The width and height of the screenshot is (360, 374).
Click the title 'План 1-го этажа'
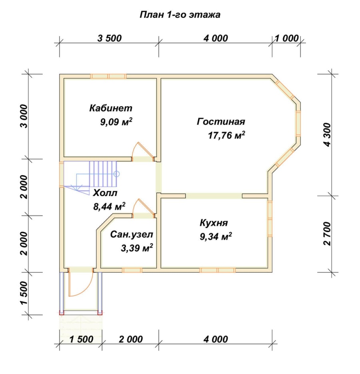click(180, 15)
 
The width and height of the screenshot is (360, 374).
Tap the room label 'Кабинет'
click(111, 108)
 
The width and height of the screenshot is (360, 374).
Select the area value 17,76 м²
click(226, 135)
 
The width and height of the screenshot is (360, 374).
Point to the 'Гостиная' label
click(221, 122)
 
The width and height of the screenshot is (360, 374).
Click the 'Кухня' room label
click(214, 223)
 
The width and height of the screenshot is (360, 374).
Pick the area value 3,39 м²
click(137, 248)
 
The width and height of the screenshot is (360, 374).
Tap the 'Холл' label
click(105, 193)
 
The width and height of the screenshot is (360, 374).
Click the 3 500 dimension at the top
click(110, 38)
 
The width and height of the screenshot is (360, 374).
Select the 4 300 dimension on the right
click(327, 135)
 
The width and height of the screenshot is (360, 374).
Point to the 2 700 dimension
click(327, 234)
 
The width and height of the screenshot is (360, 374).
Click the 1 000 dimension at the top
click(286, 38)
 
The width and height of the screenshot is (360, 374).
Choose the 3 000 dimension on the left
click(24, 116)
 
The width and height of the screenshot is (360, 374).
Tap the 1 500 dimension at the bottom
click(81, 339)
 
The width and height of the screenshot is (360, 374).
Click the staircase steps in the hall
click(103, 174)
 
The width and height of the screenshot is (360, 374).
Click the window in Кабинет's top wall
click(108, 76)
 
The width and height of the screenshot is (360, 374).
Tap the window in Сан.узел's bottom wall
click(132, 270)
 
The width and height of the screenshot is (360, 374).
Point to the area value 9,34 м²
click(216, 237)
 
